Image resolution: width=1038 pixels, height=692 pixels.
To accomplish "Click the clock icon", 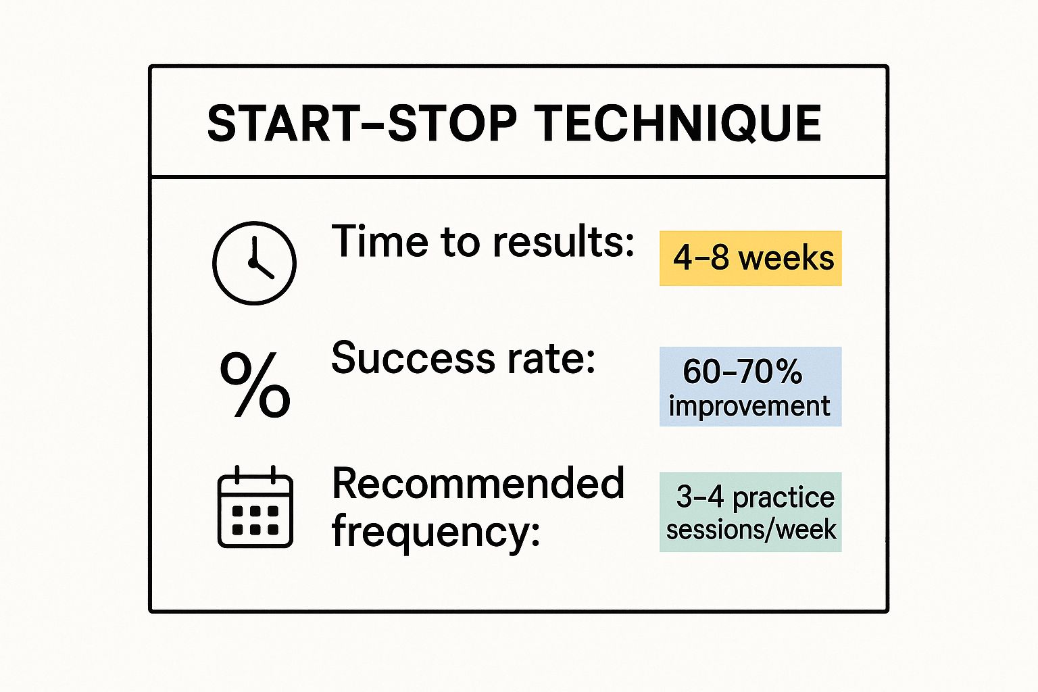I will [x=254, y=263].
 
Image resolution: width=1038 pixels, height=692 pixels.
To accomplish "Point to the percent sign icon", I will [x=255, y=385].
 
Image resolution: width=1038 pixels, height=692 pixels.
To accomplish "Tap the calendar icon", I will [x=255, y=506].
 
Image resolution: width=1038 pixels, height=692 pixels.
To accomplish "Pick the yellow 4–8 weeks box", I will [x=750, y=258].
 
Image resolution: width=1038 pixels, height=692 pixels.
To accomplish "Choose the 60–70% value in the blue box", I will [x=742, y=371].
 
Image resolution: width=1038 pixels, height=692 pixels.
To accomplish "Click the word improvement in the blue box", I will [x=749, y=406].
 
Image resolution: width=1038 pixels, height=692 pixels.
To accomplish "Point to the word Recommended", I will [x=478, y=484].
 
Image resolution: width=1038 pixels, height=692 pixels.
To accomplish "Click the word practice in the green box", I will [x=783, y=497].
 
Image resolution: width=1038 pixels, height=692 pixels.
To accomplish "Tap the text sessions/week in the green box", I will [x=751, y=529].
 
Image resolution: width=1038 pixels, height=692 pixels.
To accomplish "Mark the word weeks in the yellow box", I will [x=786, y=258].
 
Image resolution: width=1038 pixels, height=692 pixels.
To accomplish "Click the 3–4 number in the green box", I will [x=699, y=497].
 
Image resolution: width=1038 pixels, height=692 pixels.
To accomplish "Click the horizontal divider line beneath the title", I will [x=518, y=177].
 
